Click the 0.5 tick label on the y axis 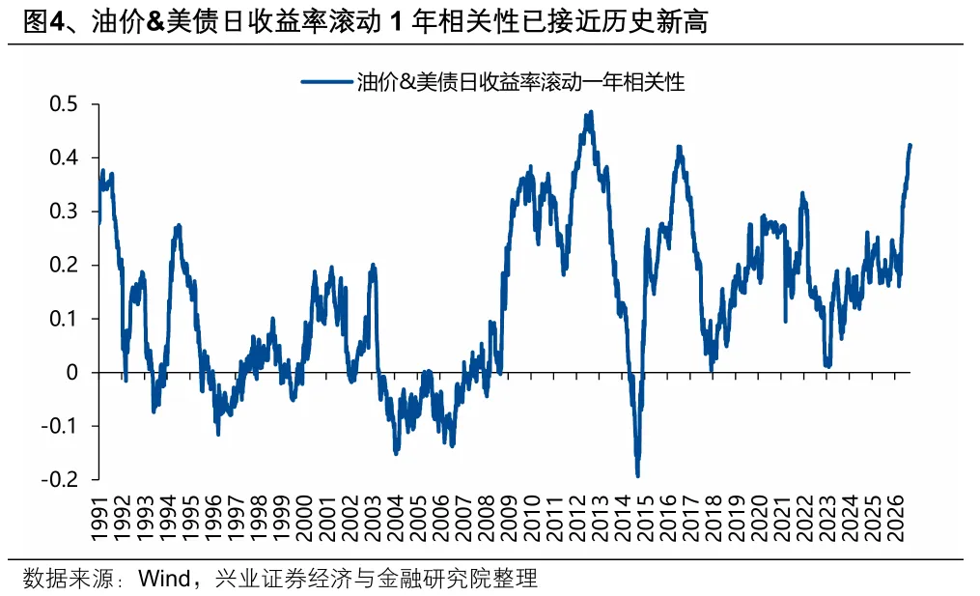click(x=64, y=103)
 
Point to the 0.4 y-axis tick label click(x=64, y=157)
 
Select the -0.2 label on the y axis click(x=60, y=480)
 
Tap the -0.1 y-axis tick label click(x=60, y=426)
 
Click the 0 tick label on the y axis click(x=71, y=372)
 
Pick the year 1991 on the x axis click(x=100, y=519)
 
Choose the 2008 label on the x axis click(x=488, y=519)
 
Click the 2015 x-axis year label click(x=647, y=519)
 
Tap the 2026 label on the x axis click(x=897, y=519)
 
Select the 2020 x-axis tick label click(x=761, y=519)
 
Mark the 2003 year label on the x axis click(x=374, y=519)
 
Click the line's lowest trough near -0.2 click(x=637, y=476)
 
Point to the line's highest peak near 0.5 click(x=590, y=113)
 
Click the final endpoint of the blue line click(x=910, y=146)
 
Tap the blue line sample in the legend click(x=326, y=81)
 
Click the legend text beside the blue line click(x=520, y=82)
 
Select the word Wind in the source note click(x=164, y=578)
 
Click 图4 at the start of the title click(x=43, y=22)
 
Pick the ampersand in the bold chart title click(x=156, y=22)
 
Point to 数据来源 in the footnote click(x=69, y=578)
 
